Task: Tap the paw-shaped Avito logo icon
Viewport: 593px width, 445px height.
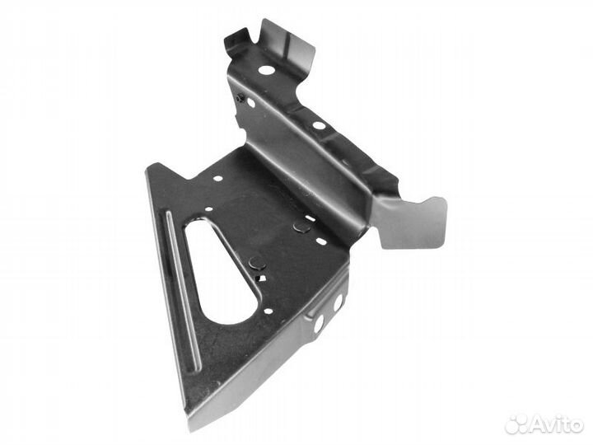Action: coord(517,424)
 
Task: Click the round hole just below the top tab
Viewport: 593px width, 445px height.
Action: coord(266,70)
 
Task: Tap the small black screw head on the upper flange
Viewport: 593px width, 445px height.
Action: coord(239,98)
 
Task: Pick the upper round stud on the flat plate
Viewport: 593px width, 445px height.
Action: coord(301,227)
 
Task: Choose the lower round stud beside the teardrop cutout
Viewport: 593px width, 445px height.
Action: coord(258,262)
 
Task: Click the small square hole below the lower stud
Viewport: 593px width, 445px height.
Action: coord(259,279)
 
